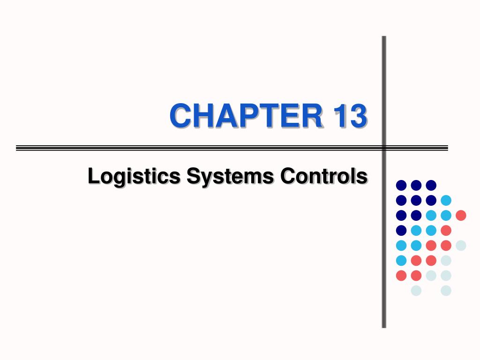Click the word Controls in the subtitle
(x=324, y=177)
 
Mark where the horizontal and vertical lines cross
(x=384, y=148)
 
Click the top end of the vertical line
(x=384, y=37)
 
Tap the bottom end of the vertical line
(x=384, y=327)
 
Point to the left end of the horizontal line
(x=17, y=148)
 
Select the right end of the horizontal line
(x=447, y=148)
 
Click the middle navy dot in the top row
(x=416, y=185)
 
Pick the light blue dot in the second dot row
(x=446, y=200)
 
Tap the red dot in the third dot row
(x=461, y=215)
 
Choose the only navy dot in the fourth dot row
(x=401, y=230)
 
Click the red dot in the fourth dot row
(x=446, y=230)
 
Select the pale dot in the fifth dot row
(x=461, y=245)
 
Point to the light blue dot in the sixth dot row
(x=401, y=260)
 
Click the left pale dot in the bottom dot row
(x=416, y=291)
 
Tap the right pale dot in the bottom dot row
(x=446, y=291)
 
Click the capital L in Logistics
(x=92, y=177)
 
